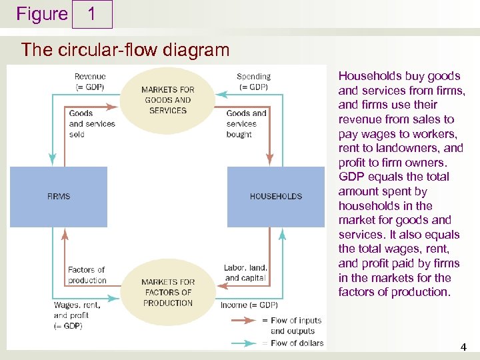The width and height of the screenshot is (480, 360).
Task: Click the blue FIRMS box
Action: [x=59, y=197]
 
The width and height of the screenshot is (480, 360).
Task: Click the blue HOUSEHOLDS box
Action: [x=275, y=197]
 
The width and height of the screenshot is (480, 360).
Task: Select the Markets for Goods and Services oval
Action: [x=168, y=100]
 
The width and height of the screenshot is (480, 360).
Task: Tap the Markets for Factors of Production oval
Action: [x=168, y=292]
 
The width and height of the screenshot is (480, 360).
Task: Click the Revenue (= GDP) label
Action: [x=89, y=82]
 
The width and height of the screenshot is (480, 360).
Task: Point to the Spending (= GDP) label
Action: [x=253, y=82]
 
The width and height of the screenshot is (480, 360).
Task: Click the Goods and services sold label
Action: [x=91, y=123]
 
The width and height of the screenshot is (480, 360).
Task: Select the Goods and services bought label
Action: [x=246, y=123]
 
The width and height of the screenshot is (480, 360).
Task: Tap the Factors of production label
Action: [x=87, y=275]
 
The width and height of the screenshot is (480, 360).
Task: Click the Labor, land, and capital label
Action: [x=245, y=273]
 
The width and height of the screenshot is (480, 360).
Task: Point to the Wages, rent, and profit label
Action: [x=77, y=315]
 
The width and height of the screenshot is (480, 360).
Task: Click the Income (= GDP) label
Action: [x=249, y=305]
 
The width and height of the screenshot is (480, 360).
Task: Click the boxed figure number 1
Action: [x=91, y=14]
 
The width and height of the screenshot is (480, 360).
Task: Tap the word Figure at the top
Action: [x=42, y=14]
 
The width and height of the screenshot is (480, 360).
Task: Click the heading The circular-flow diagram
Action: [x=125, y=49]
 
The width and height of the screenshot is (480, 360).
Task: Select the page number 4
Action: [x=463, y=347]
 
